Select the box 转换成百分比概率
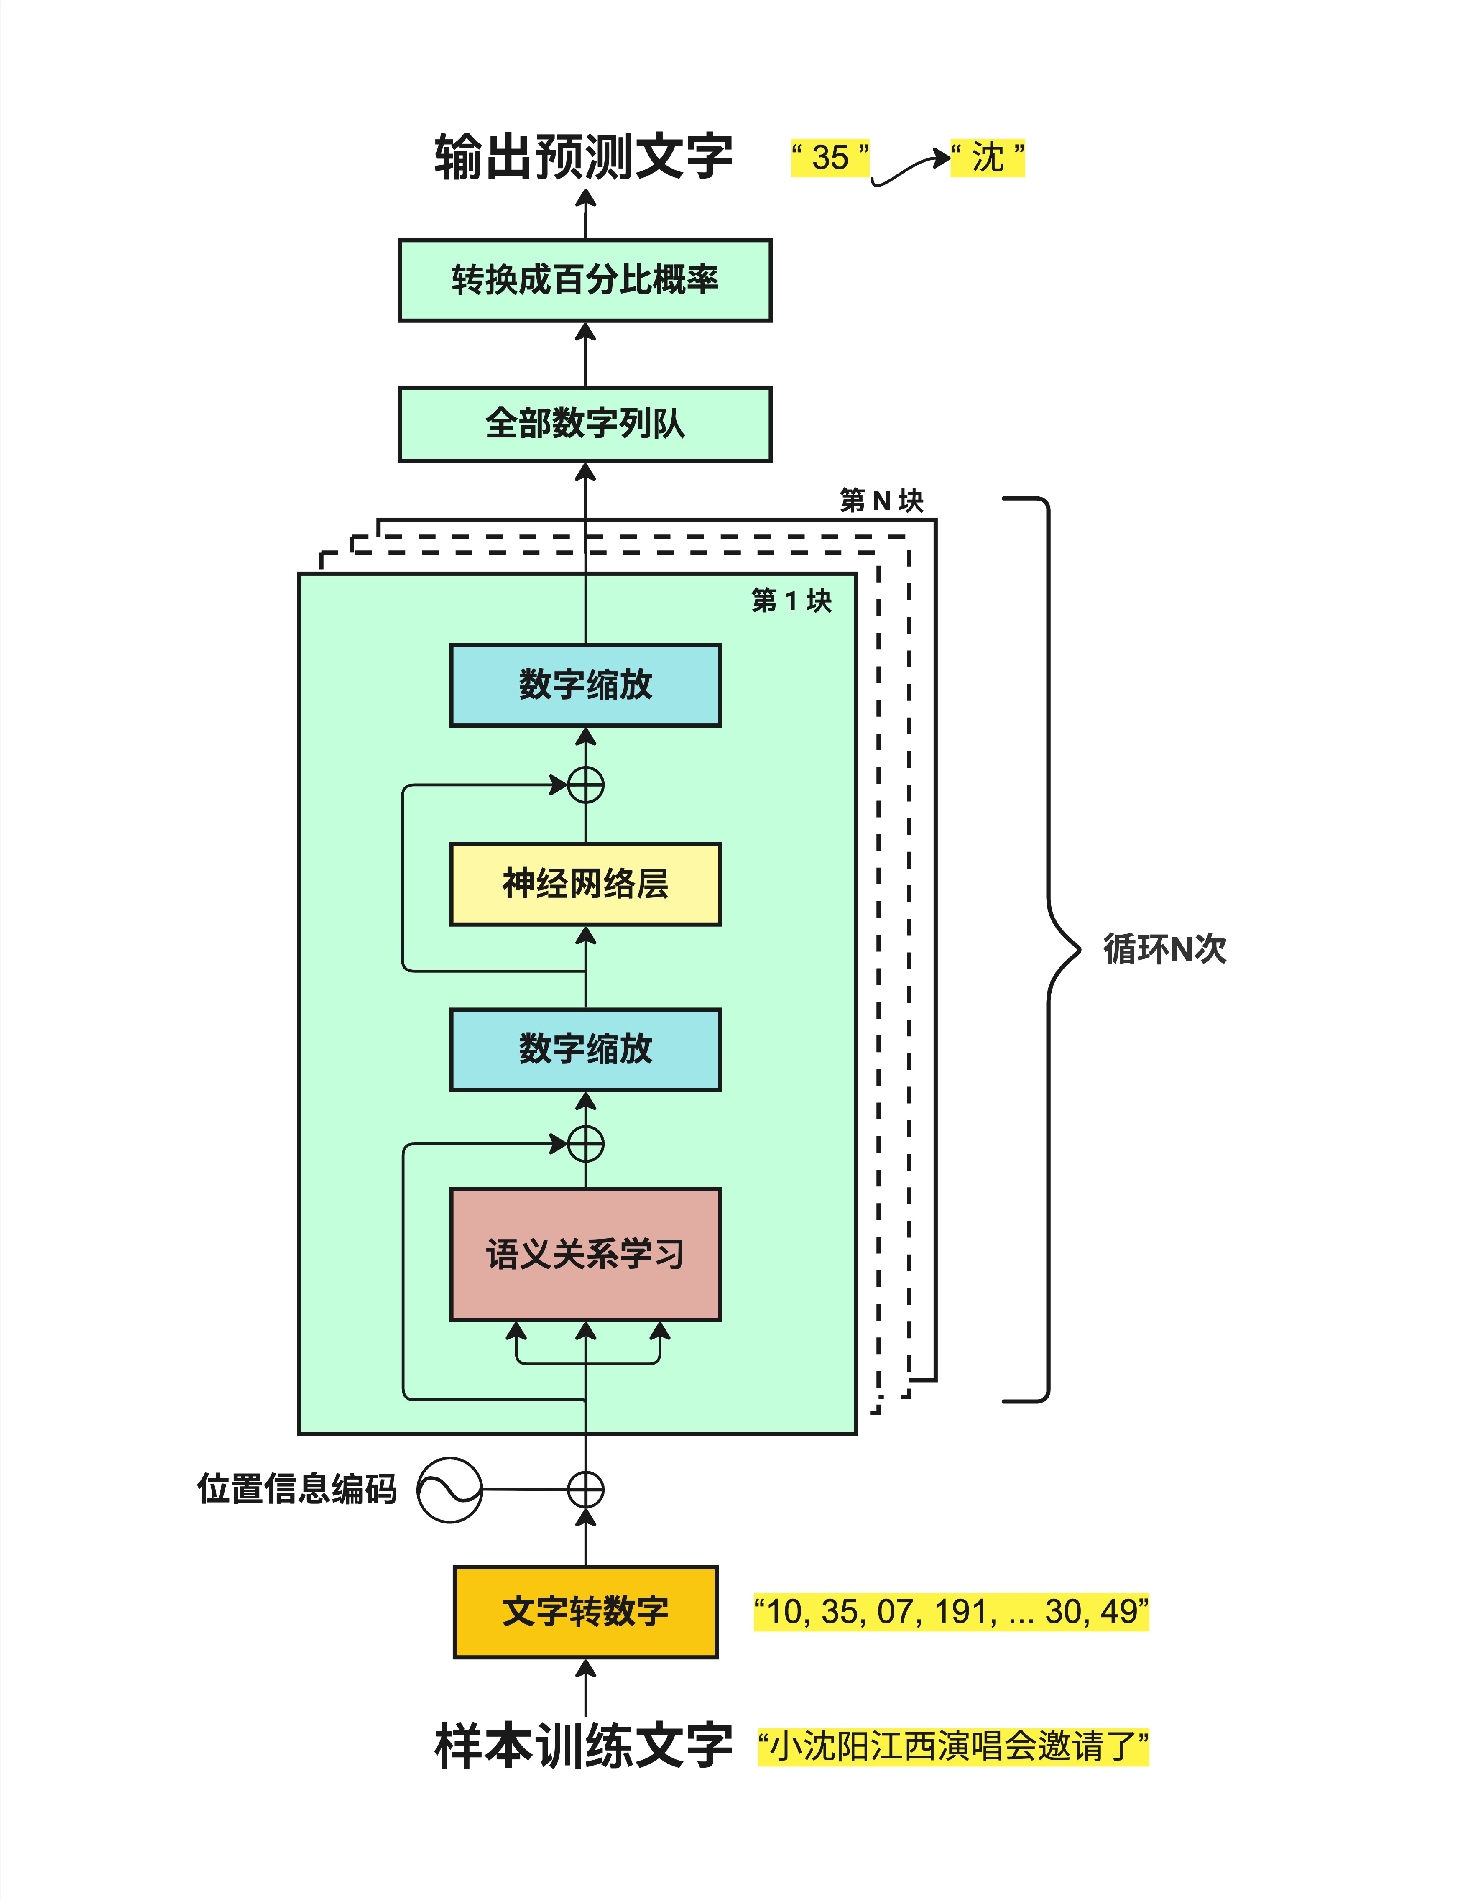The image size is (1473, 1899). [x=585, y=280]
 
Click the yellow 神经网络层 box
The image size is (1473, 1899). [x=585, y=883]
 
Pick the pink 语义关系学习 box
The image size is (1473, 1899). [x=585, y=1254]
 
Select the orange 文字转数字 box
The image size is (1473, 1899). [x=585, y=1611]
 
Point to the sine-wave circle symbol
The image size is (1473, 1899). [x=449, y=1490]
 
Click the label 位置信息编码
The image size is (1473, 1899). [x=296, y=1489]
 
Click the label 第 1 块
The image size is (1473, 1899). [x=791, y=600]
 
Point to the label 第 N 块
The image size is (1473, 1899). [x=881, y=501]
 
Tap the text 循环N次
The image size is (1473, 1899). [x=1164, y=948]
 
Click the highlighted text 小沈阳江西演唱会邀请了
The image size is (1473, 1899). [x=953, y=1746]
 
